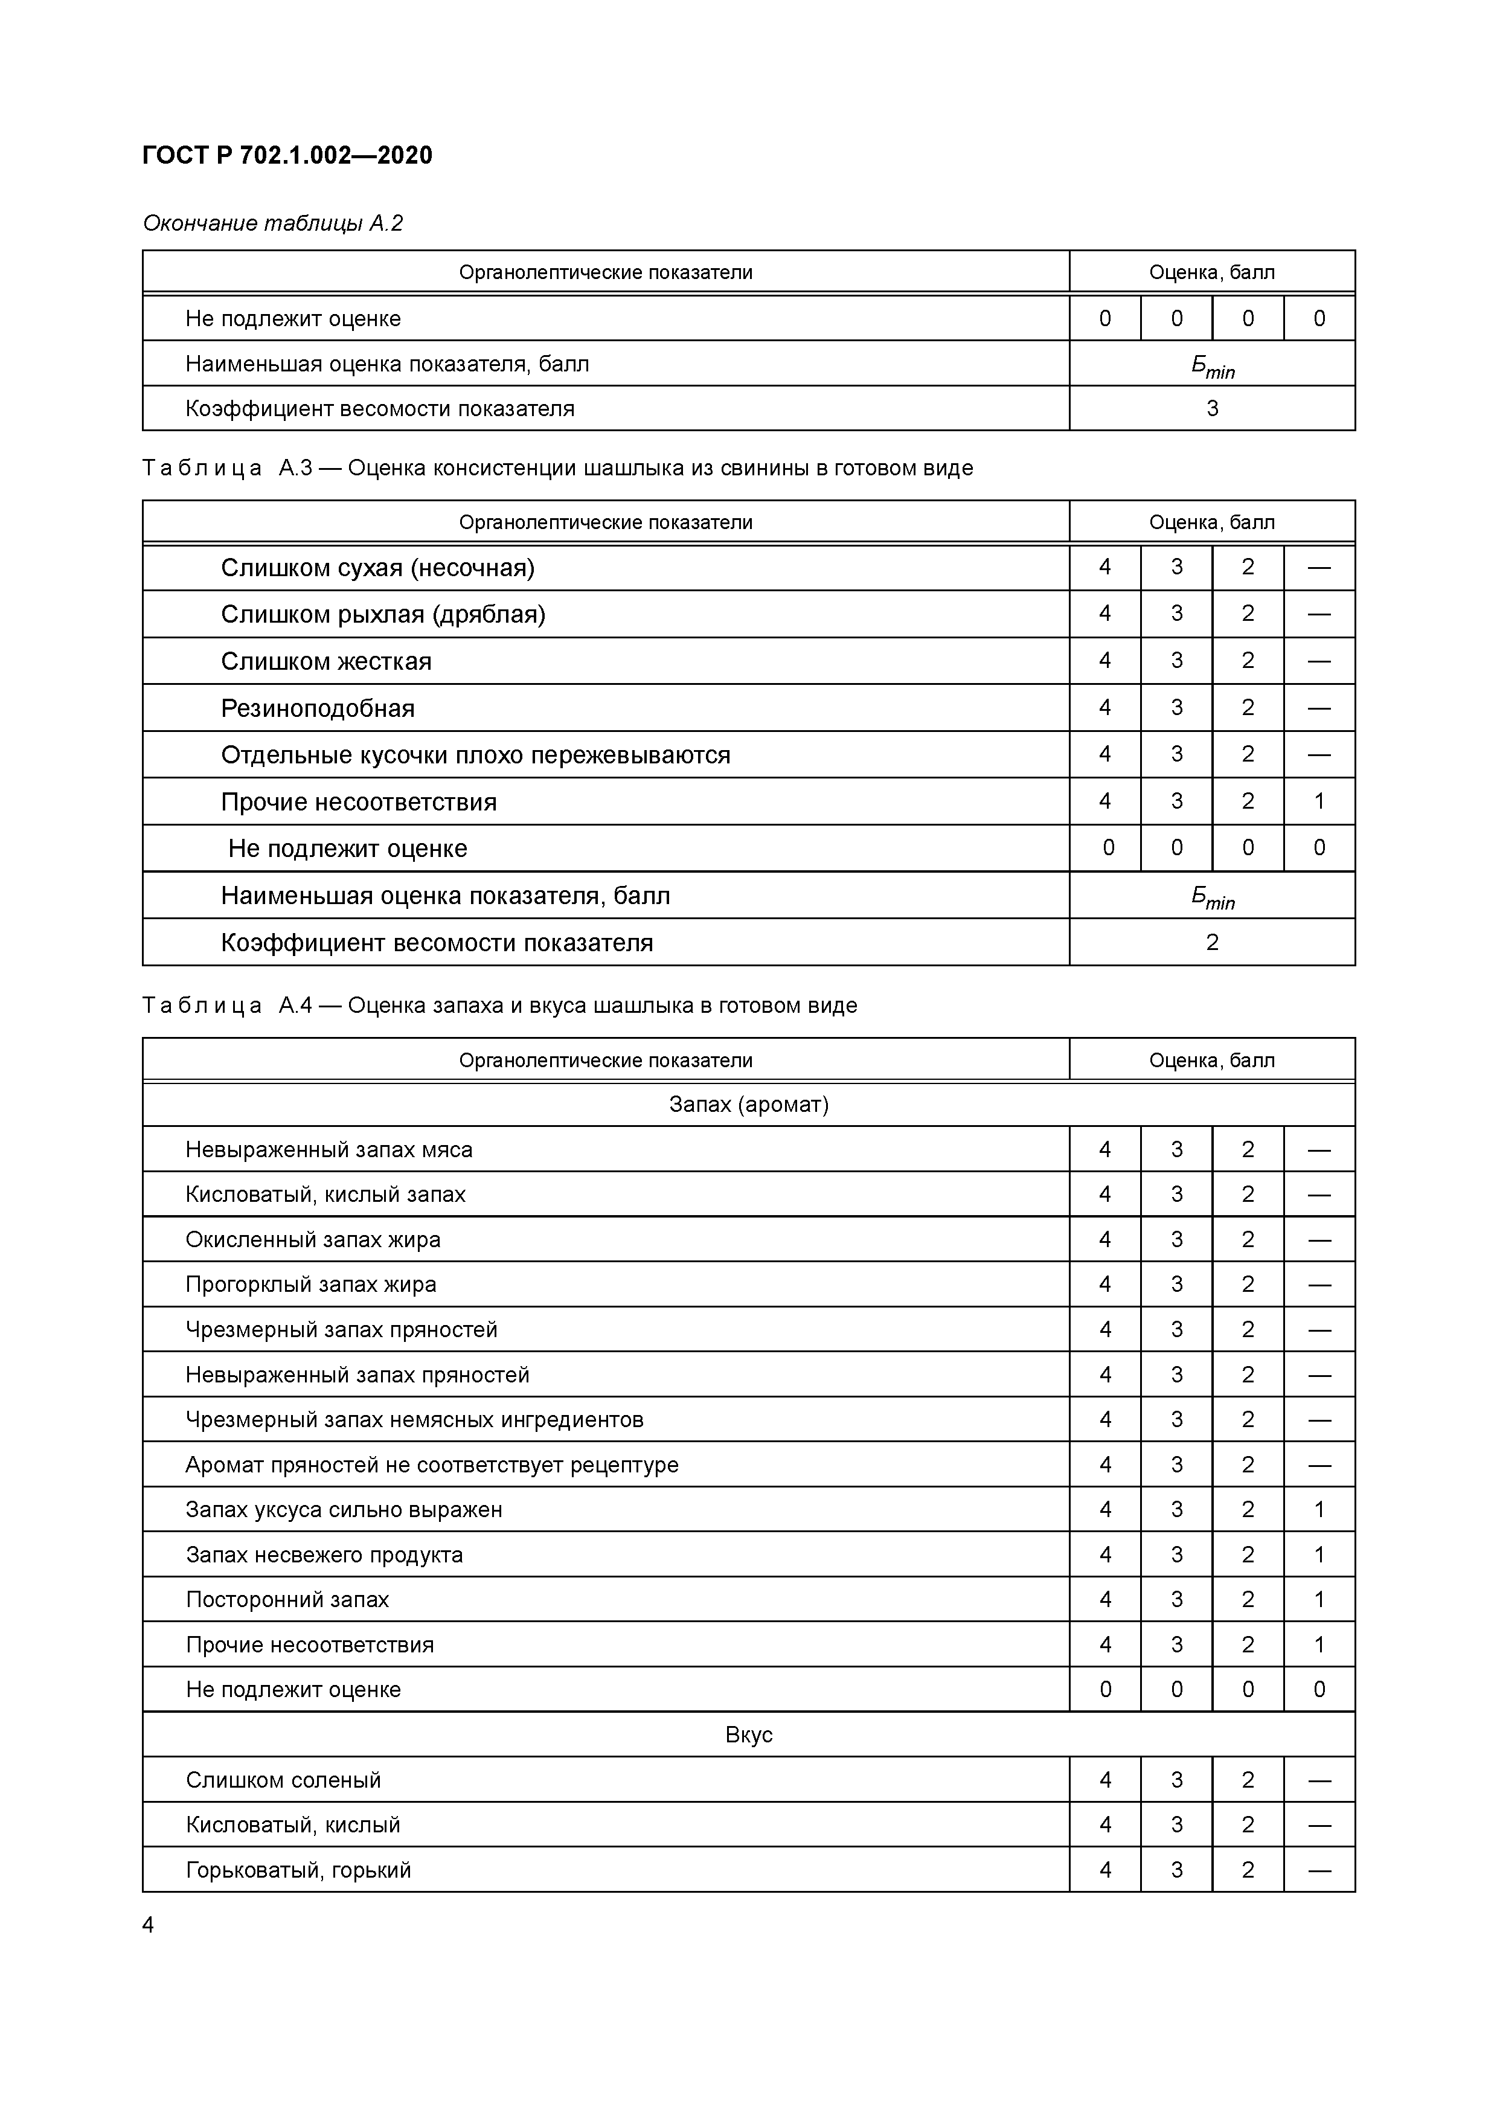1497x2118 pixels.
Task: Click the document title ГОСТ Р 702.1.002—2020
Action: pyautogui.click(x=287, y=156)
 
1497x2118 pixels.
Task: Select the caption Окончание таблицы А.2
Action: pyautogui.click(x=273, y=223)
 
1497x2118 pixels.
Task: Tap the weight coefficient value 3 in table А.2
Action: pyautogui.click(x=1211, y=409)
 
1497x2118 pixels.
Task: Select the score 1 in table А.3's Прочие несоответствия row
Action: pyautogui.click(x=1318, y=801)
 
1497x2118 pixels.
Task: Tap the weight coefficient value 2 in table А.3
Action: pyautogui.click(x=1211, y=942)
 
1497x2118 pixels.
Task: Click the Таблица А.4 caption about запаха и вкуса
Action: pyautogui.click(x=499, y=1006)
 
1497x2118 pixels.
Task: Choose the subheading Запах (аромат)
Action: pyautogui.click(x=748, y=1104)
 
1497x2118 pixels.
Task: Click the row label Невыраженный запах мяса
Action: pyautogui.click(x=329, y=1149)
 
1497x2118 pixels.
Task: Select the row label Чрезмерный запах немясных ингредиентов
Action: pyautogui.click(x=414, y=1420)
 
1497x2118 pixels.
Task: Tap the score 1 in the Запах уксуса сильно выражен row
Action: pyautogui.click(x=1318, y=1509)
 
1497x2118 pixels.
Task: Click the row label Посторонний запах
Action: pyautogui.click(x=287, y=1600)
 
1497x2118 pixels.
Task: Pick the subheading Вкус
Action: pyautogui.click(x=748, y=1735)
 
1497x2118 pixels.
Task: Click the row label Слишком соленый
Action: pyautogui.click(x=283, y=1779)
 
